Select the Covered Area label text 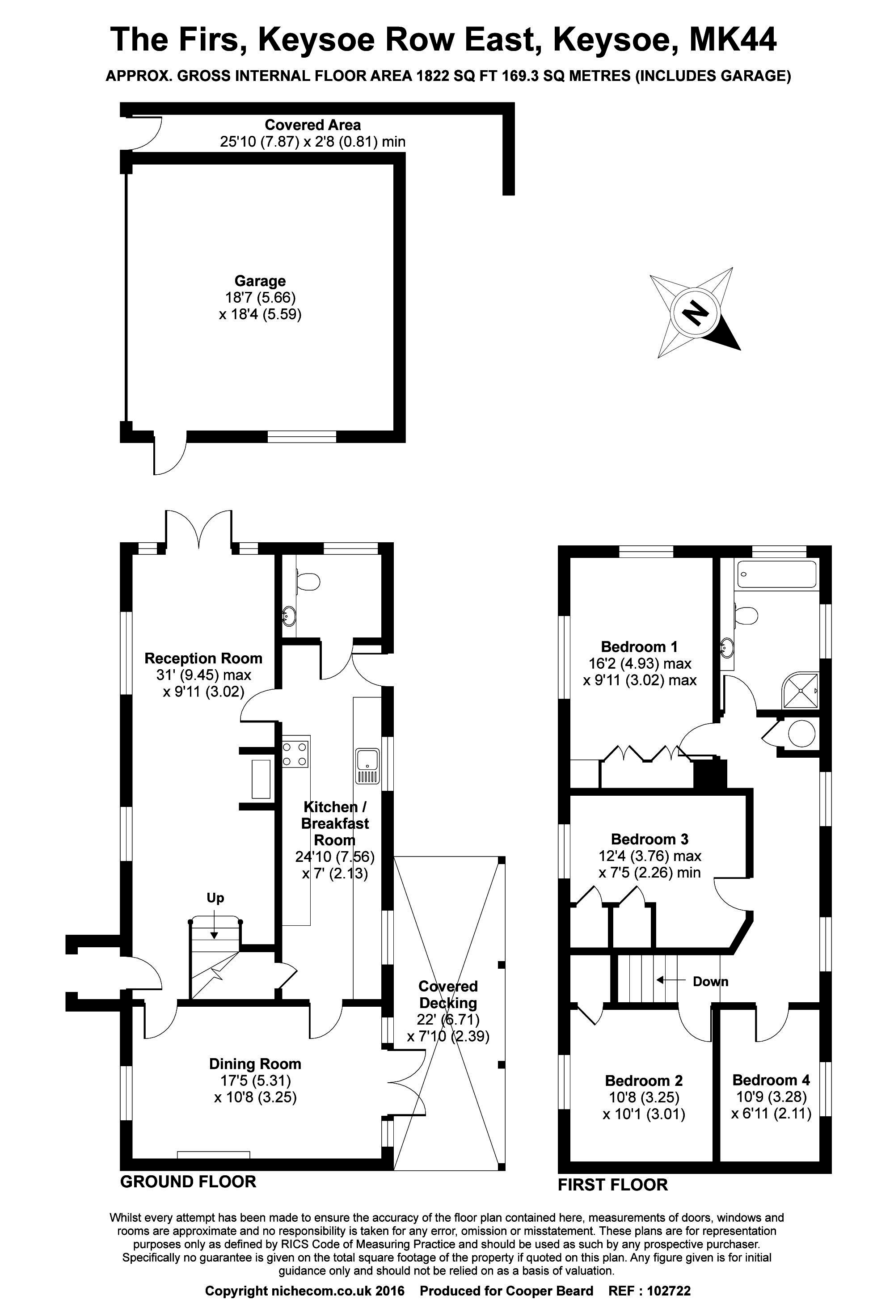click(x=312, y=125)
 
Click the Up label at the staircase click(x=215, y=898)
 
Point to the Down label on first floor click(x=710, y=981)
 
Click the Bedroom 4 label click(x=771, y=1080)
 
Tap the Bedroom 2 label click(x=644, y=1080)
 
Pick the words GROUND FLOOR click(x=188, y=1181)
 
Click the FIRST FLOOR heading click(x=613, y=1185)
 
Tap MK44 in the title click(x=733, y=40)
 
